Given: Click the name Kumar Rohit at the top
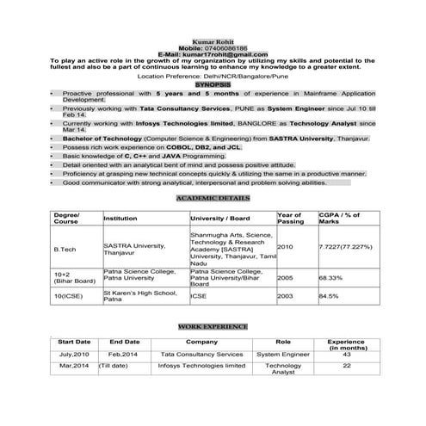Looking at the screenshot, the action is coord(212,40).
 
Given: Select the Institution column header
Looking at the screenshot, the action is coord(120,219).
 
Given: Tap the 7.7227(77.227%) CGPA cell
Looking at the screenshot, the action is coord(345,246).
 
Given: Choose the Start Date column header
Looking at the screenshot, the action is coord(74,342).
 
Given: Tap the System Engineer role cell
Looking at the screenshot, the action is coord(283,354).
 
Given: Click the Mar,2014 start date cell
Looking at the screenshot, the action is coord(74,366).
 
